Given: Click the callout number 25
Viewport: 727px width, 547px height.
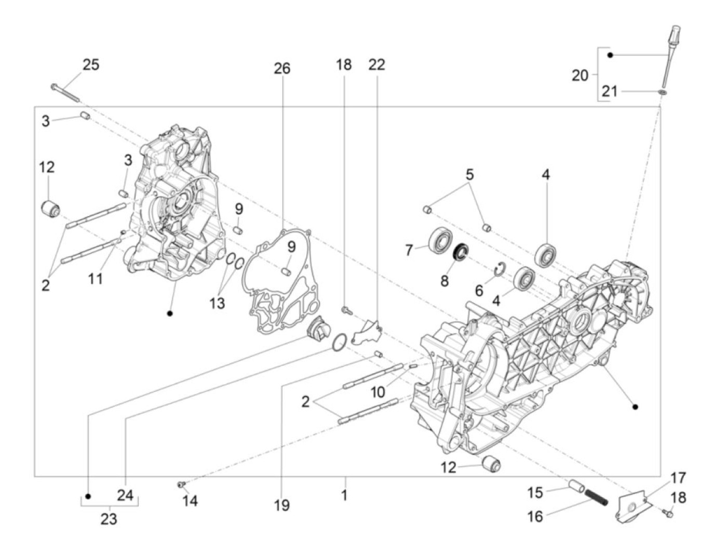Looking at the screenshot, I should pyautogui.click(x=91, y=66).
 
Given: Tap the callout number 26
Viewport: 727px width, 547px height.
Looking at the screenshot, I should pyautogui.click(x=282, y=69).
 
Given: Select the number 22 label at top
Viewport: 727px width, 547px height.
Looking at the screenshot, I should pyautogui.click(x=377, y=64).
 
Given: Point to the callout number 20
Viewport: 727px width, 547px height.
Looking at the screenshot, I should pyautogui.click(x=580, y=75).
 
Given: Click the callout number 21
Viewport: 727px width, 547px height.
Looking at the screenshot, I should pyautogui.click(x=610, y=92).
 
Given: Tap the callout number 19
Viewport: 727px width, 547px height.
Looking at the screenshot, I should pyautogui.click(x=282, y=505).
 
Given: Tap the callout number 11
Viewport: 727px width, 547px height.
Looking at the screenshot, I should pyautogui.click(x=95, y=279).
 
